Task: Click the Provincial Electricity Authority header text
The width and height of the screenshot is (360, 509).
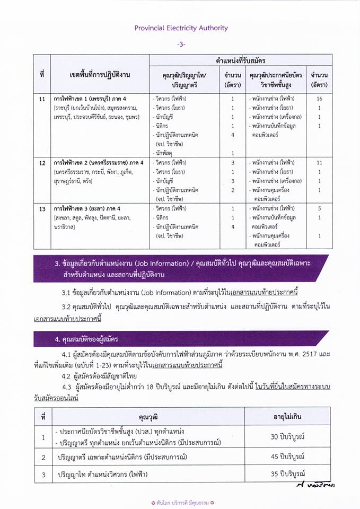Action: click(180, 28)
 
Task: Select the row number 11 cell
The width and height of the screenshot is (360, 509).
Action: click(42, 99)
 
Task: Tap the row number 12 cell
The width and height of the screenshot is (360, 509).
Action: click(42, 162)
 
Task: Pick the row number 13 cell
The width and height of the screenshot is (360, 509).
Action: click(42, 209)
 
